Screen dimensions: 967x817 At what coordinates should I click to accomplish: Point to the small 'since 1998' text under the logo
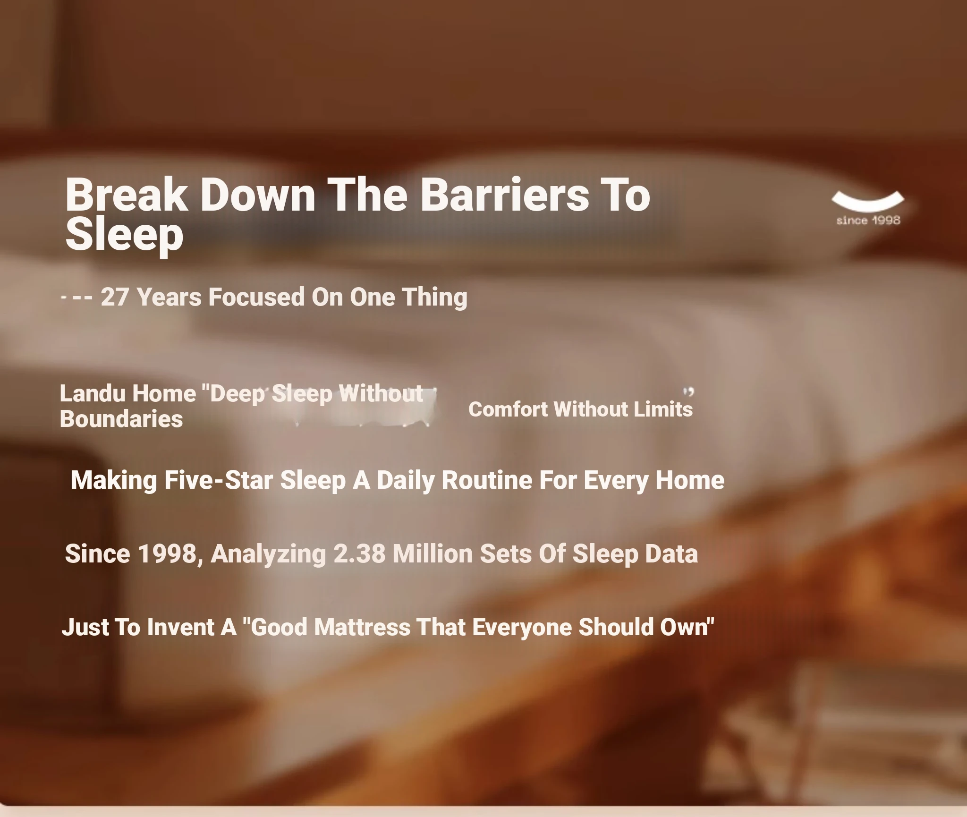(868, 221)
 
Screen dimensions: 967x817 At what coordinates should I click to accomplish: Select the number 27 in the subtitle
(115, 297)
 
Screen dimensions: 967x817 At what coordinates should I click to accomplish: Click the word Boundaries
(121, 419)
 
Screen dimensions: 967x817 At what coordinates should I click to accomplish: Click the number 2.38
(359, 553)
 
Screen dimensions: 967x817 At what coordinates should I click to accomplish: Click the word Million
(433, 553)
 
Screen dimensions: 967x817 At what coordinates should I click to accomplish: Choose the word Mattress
(362, 627)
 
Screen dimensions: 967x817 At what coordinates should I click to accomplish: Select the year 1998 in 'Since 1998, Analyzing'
(167, 553)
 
